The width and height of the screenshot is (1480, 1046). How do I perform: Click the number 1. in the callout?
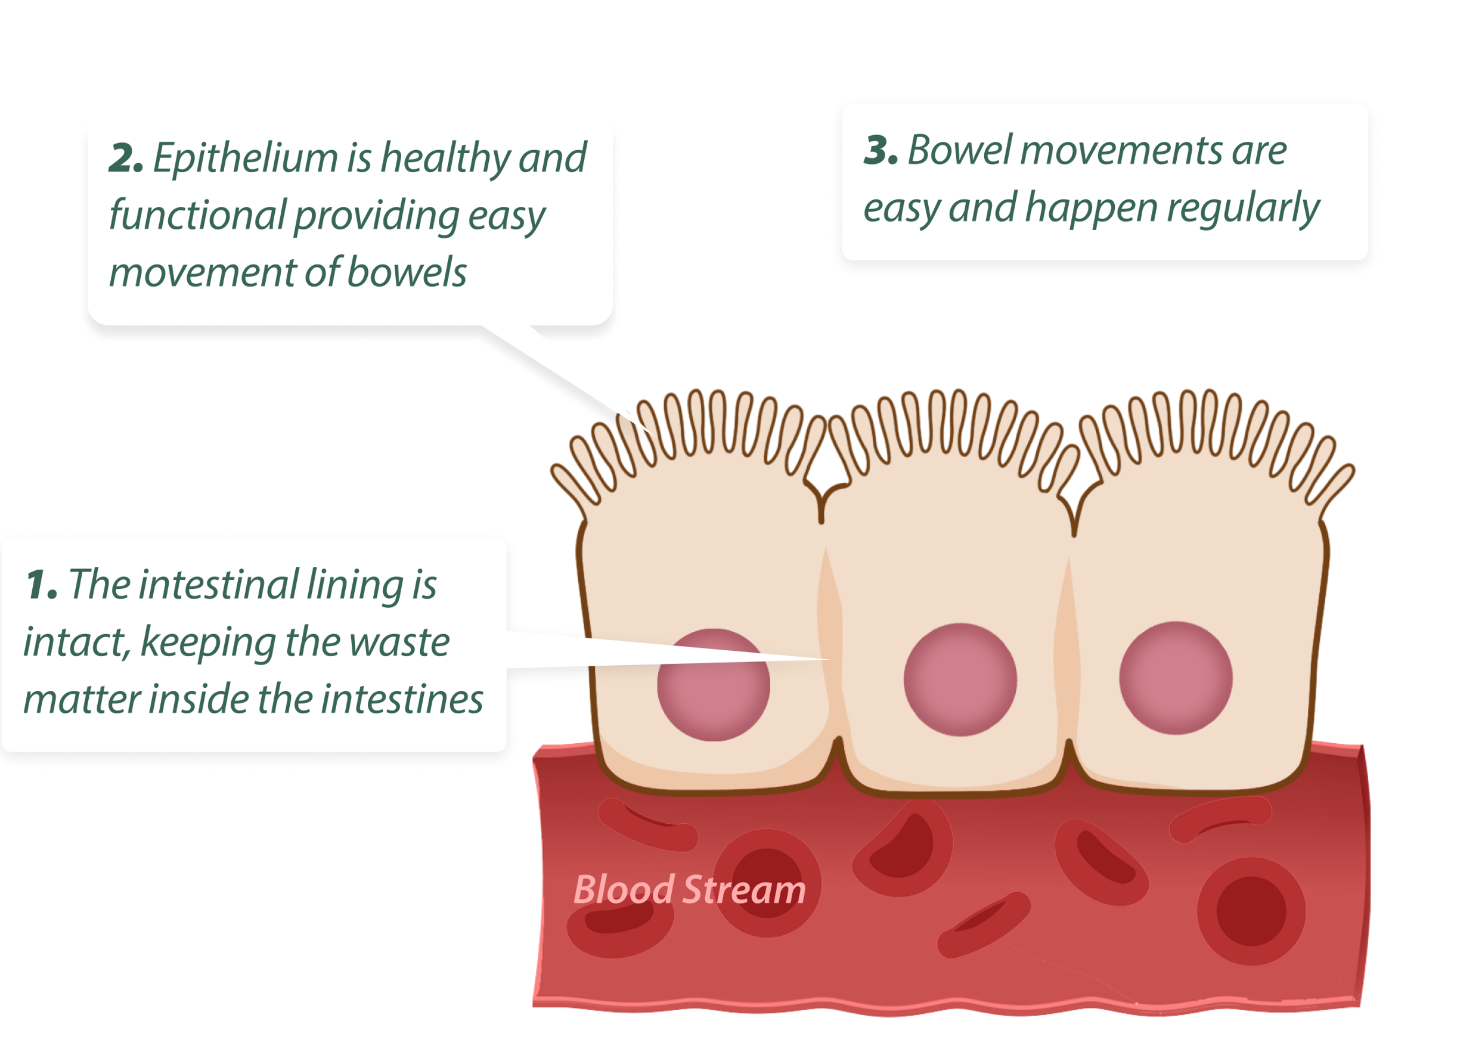click(x=41, y=586)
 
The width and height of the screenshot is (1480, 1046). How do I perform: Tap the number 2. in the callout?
click(x=126, y=159)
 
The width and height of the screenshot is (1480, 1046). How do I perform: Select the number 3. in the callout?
click(x=880, y=151)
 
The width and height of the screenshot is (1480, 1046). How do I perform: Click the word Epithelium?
click(x=245, y=159)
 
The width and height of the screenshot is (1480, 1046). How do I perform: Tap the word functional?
click(x=197, y=216)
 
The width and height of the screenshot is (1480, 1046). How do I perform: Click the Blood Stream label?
click(x=689, y=890)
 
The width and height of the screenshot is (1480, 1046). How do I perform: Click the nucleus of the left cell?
click(x=713, y=685)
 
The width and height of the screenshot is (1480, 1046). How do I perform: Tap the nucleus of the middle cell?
click(x=960, y=680)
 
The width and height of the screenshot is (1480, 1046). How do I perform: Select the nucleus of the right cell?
click(x=1175, y=678)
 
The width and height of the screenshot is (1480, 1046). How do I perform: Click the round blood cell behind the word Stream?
click(x=766, y=883)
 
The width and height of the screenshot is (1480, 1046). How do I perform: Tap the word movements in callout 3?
click(x=1122, y=151)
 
